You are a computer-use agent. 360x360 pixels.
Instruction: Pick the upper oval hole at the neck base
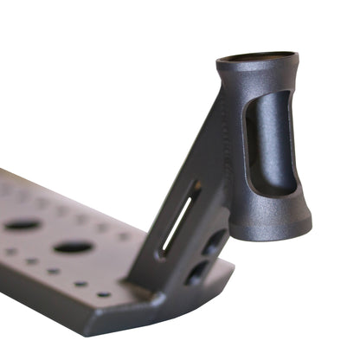point(213,241)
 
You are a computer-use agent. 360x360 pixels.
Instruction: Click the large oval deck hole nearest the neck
point(74,247)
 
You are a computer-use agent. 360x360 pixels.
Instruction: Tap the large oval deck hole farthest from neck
point(22,225)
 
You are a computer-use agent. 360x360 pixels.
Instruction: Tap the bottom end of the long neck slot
point(162,254)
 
